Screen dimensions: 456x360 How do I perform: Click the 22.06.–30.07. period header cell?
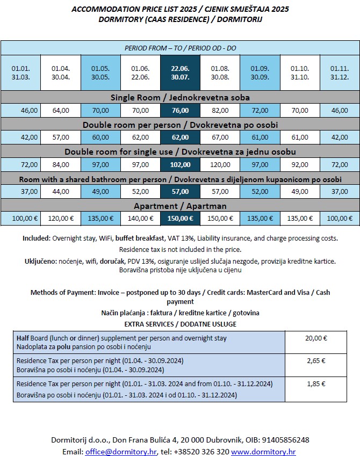(181, 73)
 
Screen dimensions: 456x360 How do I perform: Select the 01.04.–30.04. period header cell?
(61, 73)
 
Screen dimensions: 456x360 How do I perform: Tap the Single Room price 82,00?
(220, 111)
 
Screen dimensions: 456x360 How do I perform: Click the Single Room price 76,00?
(181, 111)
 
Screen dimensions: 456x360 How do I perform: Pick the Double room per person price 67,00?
(220, 137)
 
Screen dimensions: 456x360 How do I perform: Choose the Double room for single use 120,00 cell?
(220, 165)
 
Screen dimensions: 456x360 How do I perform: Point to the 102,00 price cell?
(181, 165)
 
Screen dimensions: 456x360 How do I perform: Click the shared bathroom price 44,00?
(61, 192)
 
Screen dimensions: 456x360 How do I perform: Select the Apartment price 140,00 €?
(141, 219)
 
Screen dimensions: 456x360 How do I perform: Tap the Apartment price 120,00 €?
(61, 219)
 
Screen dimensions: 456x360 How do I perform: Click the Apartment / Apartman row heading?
(181, 206)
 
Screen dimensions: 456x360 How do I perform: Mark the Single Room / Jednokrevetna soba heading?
(181, 97)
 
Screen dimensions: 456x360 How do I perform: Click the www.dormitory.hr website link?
(263, 452)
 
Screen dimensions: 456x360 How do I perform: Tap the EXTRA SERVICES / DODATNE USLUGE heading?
(181, 324)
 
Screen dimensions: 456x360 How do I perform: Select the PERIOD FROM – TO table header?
(181, 48)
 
